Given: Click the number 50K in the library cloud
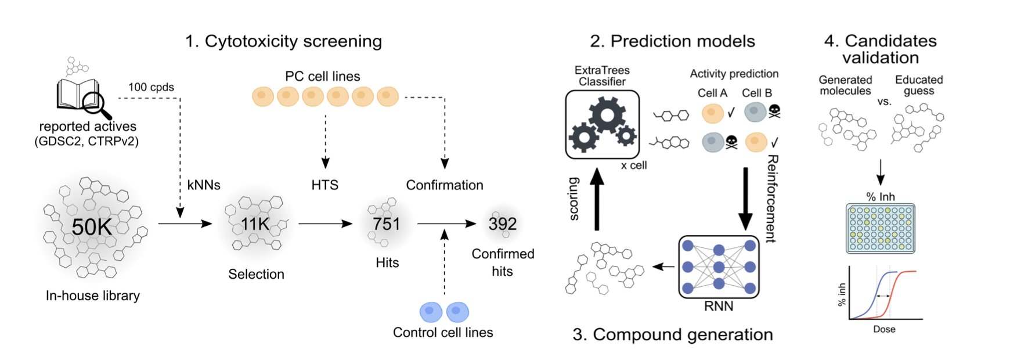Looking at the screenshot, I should pyautogui.click(x=92, y=227).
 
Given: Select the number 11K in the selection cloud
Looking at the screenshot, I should pyautogui.click(x=255, y=224).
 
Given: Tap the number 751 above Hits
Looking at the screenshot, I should pyautogui.click(x=387, y=224).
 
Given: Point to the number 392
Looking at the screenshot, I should pyautogui.click(x=502, y=224).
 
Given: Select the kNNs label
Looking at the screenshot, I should pyautogui.click(x=204, y=185).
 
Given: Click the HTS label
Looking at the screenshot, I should pyautogui.click(x=324, y=185).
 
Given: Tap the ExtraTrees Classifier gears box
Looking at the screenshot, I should pyautogui.click(x=602, y=124).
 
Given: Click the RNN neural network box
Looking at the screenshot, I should pyautogui.click(x=719, y=267).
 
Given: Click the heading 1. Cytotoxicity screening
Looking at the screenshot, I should pyautogui.click(x=283, y=41).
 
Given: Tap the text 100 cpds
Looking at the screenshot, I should pyautogui.click(x=151, y=87).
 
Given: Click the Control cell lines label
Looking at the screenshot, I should pyautogui.click(x=443, y=333).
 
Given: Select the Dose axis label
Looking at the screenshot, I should pyautogui.click(x=884, y=329).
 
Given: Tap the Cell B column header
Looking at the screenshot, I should pyautogui.click(x=756, y=93).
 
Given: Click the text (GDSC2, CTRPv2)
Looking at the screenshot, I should pyautogui.click(x=86, y=142).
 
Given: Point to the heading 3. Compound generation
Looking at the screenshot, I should pyautogui.click(x=672, y=335).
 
